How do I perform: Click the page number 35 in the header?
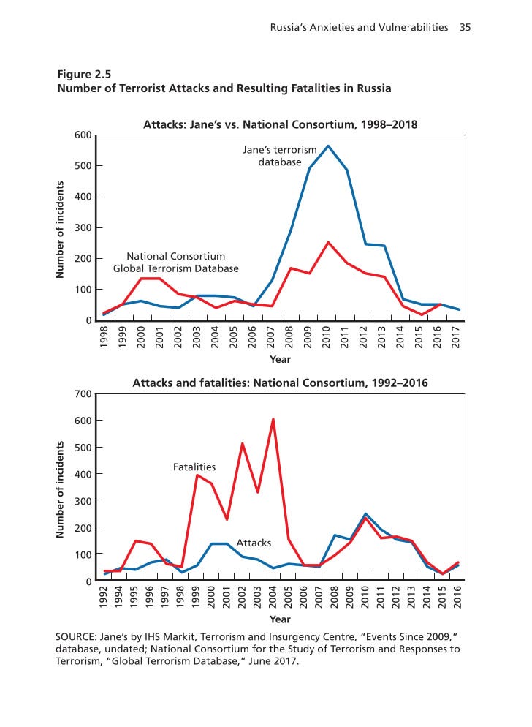465,28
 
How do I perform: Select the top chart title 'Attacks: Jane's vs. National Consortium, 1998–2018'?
280,125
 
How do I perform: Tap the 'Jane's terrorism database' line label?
280,156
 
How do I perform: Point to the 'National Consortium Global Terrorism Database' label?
175,263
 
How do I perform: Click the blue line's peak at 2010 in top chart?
327,146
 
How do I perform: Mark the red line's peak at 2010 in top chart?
328,242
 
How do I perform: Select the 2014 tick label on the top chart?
401,339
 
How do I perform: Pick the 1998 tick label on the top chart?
104,339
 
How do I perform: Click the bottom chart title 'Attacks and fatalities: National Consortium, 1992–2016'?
280,383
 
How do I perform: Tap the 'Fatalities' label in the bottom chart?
194,466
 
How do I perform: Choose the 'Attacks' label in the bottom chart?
254,543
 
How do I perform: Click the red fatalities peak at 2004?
273,419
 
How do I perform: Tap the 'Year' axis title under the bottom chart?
280,619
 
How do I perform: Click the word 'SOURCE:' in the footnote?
79,636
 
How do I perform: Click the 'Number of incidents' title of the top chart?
61,229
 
